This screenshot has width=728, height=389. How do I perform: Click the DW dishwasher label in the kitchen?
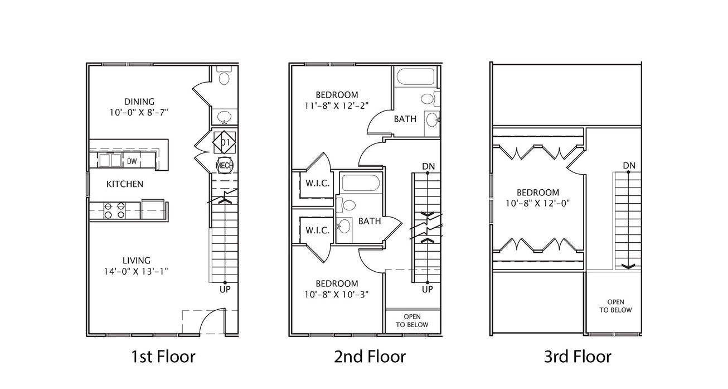pyautogui.click(x=132, y=161)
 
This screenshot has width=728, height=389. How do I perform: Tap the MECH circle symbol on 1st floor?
pyautogui.click(x=225, y=165)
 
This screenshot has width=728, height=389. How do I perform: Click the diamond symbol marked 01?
pyautogui.click(x=224, y=142)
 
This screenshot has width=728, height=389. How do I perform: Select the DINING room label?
pyautogui.click(x=139, y=102)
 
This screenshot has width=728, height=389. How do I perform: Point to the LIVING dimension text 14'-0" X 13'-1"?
pyautogui.click(x=136, y=271)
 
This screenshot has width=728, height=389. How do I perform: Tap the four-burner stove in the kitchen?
pyautogui.click(x=114, y=210)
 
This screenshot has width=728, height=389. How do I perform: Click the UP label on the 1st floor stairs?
pyautogui.click(x=225, y=289)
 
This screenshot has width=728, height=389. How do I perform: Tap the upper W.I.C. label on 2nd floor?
pyautogui.click(x=318, y=183)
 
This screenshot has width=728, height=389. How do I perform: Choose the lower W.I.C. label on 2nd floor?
pyautogui.click(x=318, y=230)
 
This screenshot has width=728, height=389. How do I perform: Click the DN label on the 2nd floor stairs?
pyautogui.click(x=428, y=166)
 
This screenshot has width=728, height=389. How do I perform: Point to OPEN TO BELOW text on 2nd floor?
pyautogui.click(x=412, y=321)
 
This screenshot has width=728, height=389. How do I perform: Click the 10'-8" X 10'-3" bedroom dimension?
pyautogui.click(x=337, y=294)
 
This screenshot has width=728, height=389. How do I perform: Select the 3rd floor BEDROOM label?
pyautogui.click(x=538, y=193)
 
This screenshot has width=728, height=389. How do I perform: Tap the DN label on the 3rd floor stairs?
pyautogui.click(x=629, y=166)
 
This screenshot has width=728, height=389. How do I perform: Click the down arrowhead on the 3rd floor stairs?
pyautogui.click(x=628, y=266)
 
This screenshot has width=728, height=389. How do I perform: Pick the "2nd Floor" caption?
pyautogui.click(x=370, y=357)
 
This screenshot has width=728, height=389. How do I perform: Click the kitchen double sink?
pyautogui.click(x=110, y=160)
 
